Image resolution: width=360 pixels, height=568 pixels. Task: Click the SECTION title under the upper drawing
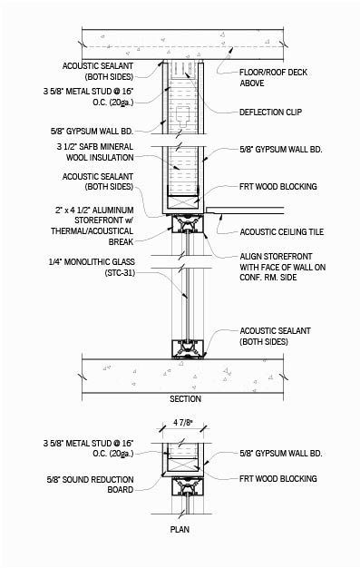[185, 399]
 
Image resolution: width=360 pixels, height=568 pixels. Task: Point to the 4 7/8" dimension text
[185, 422]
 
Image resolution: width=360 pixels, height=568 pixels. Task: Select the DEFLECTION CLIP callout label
[272, 113]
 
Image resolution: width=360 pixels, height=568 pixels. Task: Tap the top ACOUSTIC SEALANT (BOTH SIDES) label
[98, 71]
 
